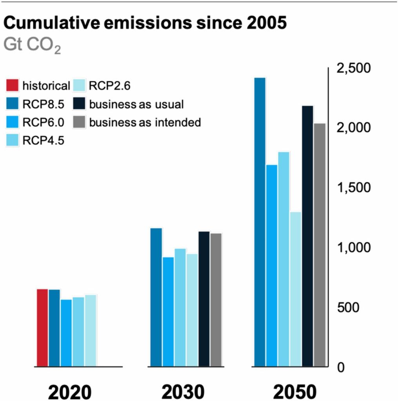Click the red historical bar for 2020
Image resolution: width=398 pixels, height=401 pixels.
[x=42, y=328]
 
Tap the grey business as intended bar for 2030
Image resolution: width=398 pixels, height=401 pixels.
[x=216, y=300]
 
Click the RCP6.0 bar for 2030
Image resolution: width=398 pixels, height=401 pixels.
[x=168, y=312]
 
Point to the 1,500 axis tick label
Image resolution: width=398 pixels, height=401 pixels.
[x=353, y=188]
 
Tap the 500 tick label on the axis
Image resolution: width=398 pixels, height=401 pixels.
[x=348, y=308]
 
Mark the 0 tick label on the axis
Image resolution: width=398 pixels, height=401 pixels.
[x=341, y=368]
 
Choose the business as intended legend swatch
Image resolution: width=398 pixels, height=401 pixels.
[x=79, y=123]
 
